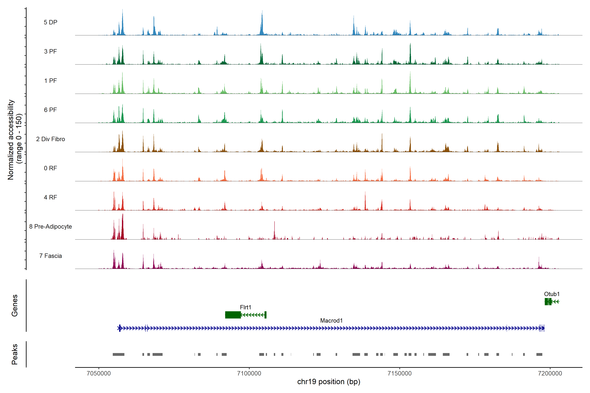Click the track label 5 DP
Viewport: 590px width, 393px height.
[x=50, y=22]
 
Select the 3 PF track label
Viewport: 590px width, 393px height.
[x=50, y=51]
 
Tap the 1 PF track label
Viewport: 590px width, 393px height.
[x=50, y=81]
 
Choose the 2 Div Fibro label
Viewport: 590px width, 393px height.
[x=50, y=139]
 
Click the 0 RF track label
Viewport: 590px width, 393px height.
[x=50, y=168]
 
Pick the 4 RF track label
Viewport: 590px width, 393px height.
[x=50, y=197]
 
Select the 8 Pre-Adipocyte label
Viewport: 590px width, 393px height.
[x=50, y=227]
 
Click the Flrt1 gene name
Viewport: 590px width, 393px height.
[x=245, y=307]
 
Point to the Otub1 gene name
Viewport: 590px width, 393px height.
[x=552, y=294]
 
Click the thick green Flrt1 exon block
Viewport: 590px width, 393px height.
[x=233, y=315]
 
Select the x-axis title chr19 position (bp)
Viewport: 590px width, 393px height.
[x=329, y=382]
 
